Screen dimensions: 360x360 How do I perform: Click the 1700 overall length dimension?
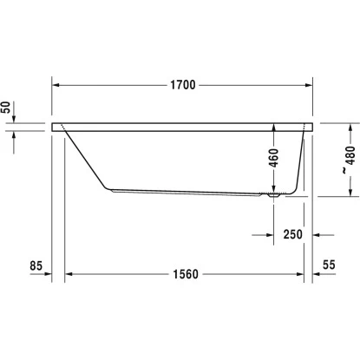coord(182,85)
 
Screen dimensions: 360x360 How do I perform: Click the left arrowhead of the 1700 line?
coord(57,85)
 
